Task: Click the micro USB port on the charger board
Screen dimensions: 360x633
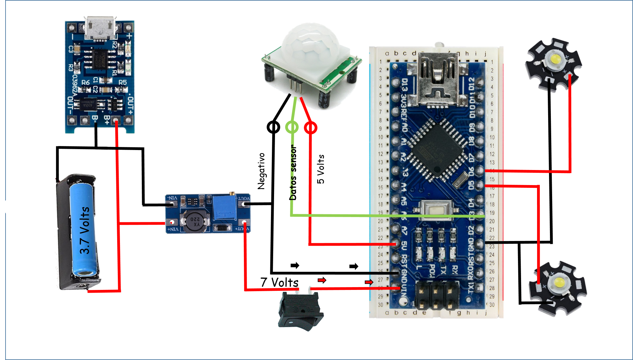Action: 101,28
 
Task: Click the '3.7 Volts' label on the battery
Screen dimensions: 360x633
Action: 84,231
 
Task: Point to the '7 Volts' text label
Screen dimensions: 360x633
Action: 279,282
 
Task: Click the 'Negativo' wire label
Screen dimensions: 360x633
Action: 261,171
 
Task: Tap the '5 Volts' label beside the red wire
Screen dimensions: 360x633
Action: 320,169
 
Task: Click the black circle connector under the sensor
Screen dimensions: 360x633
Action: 273,127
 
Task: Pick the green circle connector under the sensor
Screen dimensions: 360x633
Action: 292,127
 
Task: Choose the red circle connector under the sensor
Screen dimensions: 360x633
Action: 311,128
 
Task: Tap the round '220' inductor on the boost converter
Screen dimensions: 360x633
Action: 195,220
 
